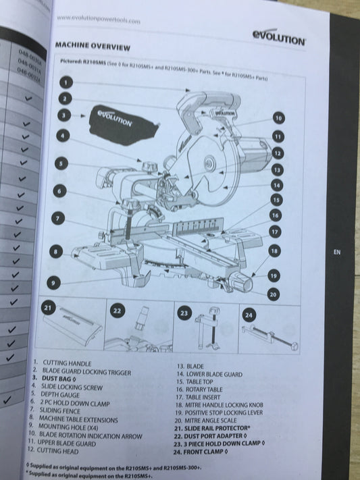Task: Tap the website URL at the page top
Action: pos(99,20)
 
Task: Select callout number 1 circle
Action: pos(66,82)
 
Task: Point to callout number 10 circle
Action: pos(278,118)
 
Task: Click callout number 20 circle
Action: pos(273,294)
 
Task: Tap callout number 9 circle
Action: pos(53,283)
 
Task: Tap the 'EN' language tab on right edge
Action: pos(337,251)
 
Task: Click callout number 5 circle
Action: pos(61,163)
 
